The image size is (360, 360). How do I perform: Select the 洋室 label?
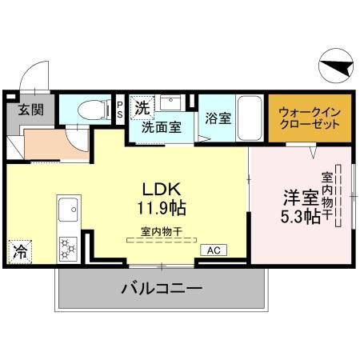click(300, 196)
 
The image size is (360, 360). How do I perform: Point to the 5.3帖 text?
click(301, 216)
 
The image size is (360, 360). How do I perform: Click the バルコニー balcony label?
click(162, 287)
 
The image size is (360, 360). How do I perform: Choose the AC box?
click(214, 250)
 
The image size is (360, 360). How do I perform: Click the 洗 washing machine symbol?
click(141, 106)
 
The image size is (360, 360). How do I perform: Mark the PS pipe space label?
click(120, 109)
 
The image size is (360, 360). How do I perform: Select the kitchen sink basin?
click(69, 210)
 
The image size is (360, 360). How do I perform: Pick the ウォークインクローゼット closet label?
click(310, 118)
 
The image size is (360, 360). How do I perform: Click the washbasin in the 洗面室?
click(170, 104)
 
